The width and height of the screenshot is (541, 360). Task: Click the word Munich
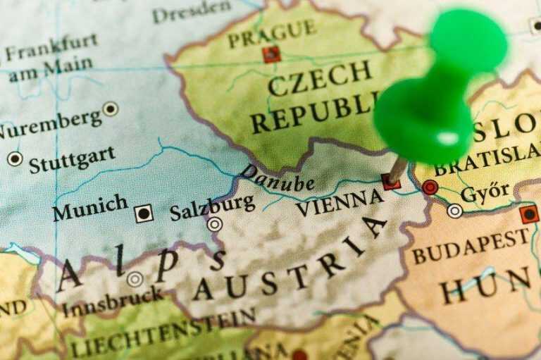pyautogui.click(x=90, y=208)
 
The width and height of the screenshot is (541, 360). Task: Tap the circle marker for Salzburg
pyautogui.click(x=214, y=225)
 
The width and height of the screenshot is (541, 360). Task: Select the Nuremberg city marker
pyautogui.click(x=111, y=108)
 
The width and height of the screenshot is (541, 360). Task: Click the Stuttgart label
pyautogui.click(x=73, y=161)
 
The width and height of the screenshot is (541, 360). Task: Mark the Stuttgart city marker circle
pyautogui.click(x=15, y=159)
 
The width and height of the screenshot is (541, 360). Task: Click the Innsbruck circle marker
pyautogui.click(x=135, y=279)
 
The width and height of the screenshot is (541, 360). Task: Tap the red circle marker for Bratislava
pyautogui.click(x=430, y=187)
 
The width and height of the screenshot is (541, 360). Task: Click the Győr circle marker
pyautogui.click(x=455, y=210)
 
